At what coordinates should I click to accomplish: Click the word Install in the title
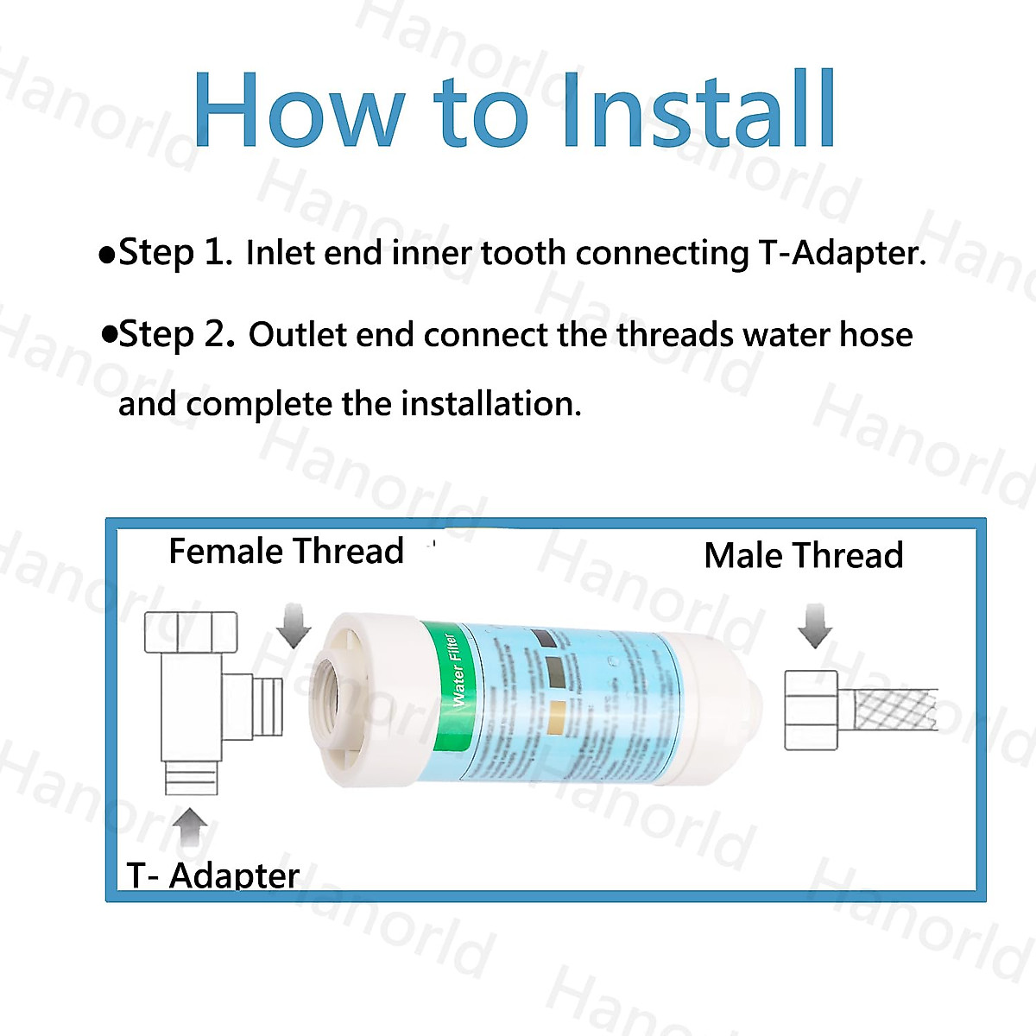click(x=698, y=111)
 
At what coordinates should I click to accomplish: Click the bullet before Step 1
click(x=107, y=255)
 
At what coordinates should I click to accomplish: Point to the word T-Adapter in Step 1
click(x=842, y=253)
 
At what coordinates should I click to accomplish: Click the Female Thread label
click(x=286, y=551)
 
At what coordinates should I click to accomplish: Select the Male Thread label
click(x=803, y=555)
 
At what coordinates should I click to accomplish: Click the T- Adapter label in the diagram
click(x=213, y=875)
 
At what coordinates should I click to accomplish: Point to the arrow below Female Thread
click(x=294, y=626)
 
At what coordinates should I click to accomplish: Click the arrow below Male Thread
click(x=814, y=626)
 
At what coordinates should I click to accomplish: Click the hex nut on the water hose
click(x=812, y=710)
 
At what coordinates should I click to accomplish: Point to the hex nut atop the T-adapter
click(x=191, y=632)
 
